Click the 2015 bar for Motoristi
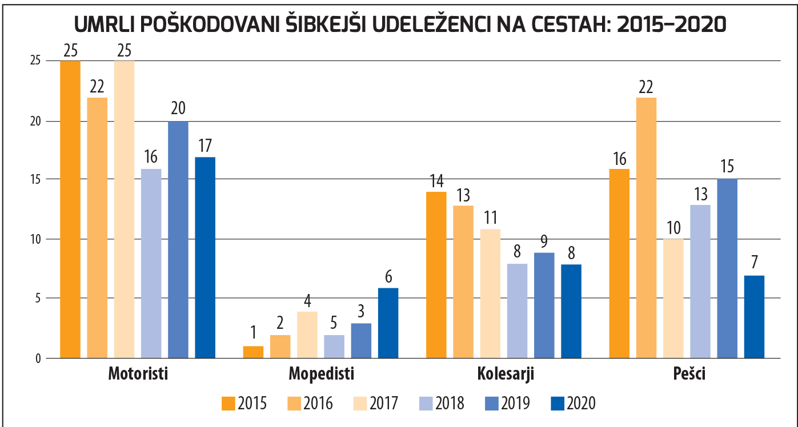point(70,209)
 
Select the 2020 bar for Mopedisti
point(388,323)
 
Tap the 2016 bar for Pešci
point(646,228)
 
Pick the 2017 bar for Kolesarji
point(490,293)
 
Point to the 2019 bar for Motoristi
point(178,239)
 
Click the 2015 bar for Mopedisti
point(253,352)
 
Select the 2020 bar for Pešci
point(754,317)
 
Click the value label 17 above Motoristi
point(205,147)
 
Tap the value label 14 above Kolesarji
point(436,182)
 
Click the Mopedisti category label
point(322,375)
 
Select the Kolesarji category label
point(505,375)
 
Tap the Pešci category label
point(688,375)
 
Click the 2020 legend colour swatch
point(557,404)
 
